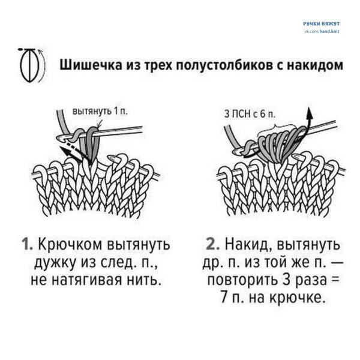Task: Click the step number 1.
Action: [26, 245]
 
